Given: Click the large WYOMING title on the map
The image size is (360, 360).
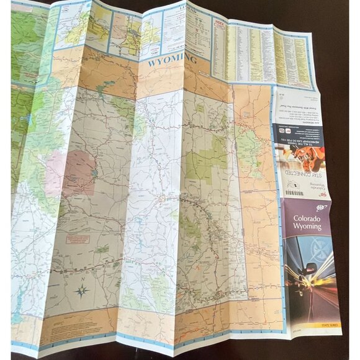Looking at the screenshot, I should pos(173,61).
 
